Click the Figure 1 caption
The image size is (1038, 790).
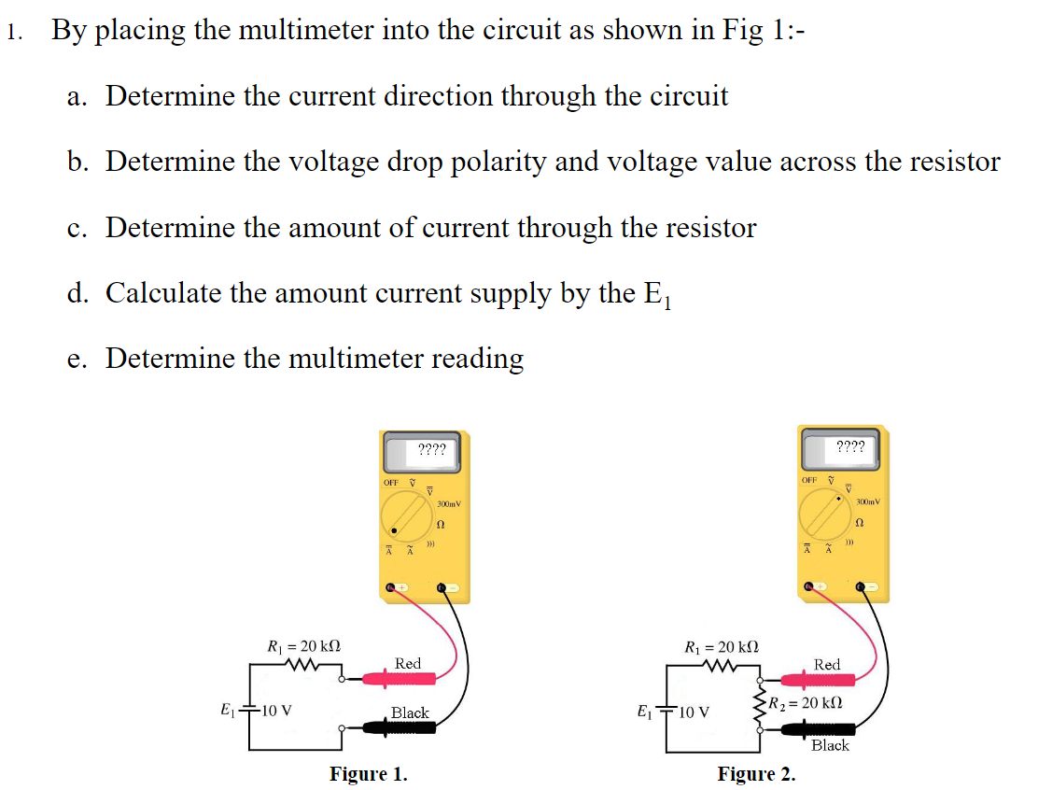click(x=368, y=773)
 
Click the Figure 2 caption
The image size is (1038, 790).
click(x=756, y=773)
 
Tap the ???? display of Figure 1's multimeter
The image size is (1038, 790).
click(x=431, y=450)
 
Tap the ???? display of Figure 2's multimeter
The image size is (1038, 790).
click(x=849, y=446)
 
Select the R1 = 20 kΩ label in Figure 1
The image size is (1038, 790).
click(x=303, y=645)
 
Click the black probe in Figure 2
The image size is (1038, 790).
click(x=812, y=729)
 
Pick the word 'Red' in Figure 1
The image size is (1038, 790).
click(x=408, y=663)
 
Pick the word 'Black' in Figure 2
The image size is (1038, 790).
click(x=830, y=745)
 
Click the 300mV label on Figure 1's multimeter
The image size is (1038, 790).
click(x=450, y=504)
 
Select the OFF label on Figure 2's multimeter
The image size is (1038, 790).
click(x=809, y=479)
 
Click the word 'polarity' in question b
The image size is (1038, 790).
click(x=489, y=162)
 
